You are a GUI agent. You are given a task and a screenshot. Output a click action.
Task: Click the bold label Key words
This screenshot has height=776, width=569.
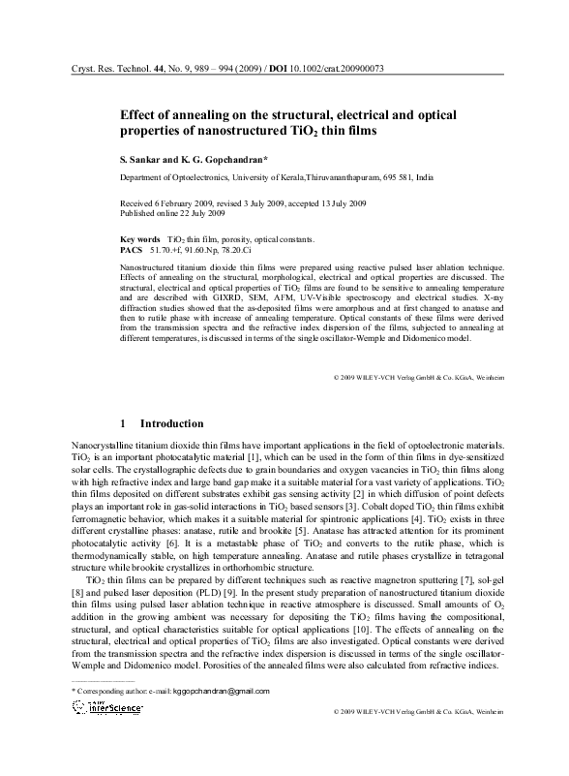click(139, 238)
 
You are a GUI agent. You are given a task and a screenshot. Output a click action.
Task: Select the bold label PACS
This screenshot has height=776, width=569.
click(131, 249)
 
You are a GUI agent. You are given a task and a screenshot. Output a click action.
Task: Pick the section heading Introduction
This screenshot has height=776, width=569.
click(171, 423)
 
